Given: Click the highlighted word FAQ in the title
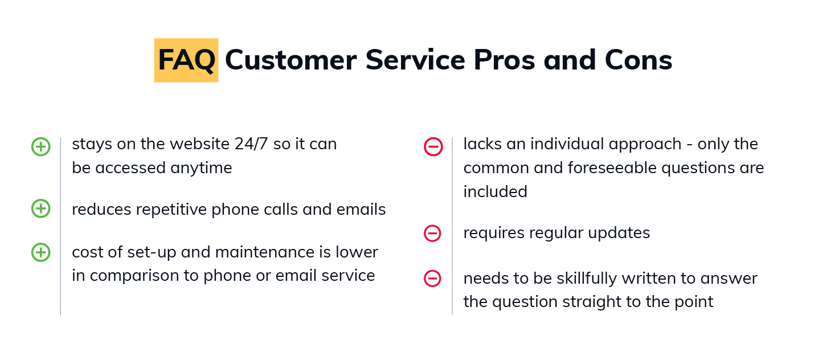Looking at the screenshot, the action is coord(186,60).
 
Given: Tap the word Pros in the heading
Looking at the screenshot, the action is coord(505,60).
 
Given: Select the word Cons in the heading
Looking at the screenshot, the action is coord(638,60).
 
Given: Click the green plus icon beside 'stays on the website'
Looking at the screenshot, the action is coord(41,146).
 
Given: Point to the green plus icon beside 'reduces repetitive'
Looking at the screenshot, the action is coord(41,208).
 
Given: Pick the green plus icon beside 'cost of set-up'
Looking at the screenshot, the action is coord(41,252).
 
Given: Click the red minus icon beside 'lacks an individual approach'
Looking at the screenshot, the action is coord(433,146).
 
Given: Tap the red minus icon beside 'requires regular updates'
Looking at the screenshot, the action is coord(432,233).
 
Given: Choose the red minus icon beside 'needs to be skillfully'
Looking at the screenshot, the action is coord(432,279).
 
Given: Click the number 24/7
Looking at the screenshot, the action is coord(251,144).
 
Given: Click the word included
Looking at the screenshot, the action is coord(496,192).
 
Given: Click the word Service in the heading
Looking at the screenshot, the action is coord(415,60).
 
